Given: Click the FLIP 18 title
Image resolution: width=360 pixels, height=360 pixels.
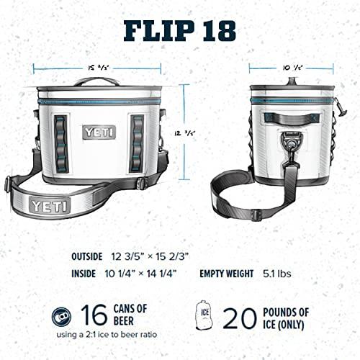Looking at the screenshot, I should point(180,30).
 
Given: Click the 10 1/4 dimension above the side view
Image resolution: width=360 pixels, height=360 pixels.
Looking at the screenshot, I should point(291,68).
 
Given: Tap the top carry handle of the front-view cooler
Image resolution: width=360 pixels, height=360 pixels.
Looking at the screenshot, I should point(97,81).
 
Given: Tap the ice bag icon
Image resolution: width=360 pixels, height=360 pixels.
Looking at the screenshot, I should point(203,315).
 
